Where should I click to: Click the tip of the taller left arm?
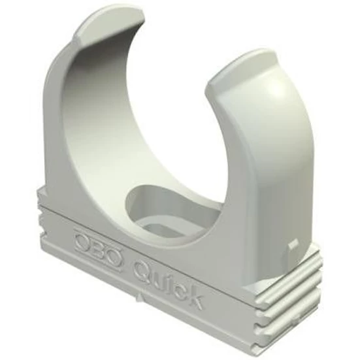(110, 22)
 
